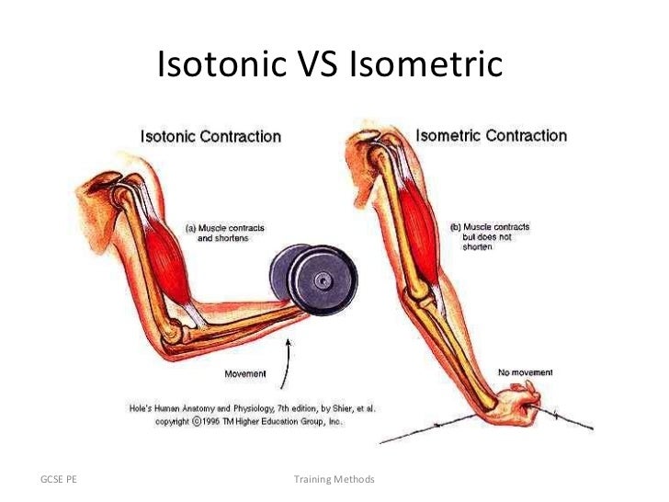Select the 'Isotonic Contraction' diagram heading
(x=210, y=137)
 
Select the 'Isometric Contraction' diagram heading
(x=492, y=136)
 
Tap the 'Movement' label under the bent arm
(x=245, y=374)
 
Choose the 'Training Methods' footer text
(x=334, y=480)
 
